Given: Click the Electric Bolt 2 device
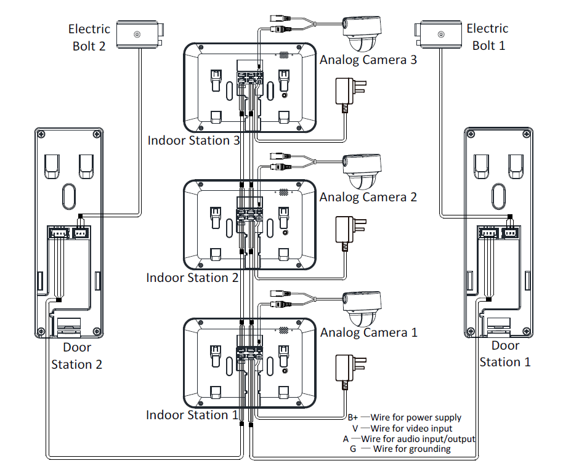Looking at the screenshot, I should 140,34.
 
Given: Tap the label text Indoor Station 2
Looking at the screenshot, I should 192,278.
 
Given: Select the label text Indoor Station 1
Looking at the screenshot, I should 192,415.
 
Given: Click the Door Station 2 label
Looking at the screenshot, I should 76,356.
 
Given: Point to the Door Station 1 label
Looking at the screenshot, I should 505,354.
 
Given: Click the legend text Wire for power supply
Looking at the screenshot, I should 416,417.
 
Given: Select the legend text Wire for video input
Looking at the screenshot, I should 411,428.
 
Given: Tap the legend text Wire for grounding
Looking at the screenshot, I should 411,449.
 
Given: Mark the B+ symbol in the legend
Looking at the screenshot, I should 352,417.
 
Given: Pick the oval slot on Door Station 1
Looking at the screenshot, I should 500,196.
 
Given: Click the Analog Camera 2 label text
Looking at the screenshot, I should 368,197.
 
